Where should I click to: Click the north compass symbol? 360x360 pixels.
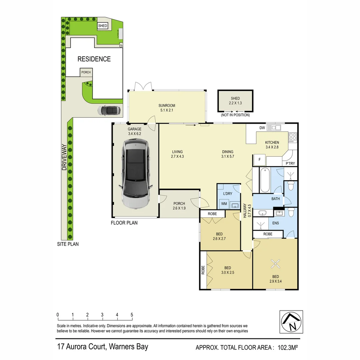[x=291, y=322]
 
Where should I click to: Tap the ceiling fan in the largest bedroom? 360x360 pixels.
[x=275, y=264]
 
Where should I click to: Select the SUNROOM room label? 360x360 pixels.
[x=167, y=106]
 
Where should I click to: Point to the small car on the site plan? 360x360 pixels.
[x=108, y=110]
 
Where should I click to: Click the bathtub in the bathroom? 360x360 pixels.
[x=265, y=180]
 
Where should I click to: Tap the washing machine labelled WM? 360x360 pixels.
[x=224, y=204]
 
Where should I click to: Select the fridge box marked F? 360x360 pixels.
[x=259, y=160]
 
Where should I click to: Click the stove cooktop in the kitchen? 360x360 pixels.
[x=293, y=136]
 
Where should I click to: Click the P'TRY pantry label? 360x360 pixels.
[x=290, y=163]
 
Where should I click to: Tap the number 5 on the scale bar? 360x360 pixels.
[x=132, y=315]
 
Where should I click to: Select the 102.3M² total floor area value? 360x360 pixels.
[x=286, y=347]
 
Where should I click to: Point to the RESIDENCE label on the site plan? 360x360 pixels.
[x=94, y=59]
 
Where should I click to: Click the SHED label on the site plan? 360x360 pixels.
[x=102, y=26]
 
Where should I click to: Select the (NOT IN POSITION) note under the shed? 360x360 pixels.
[x=235, y=115]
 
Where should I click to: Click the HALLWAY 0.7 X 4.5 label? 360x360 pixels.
[x=247, y=211]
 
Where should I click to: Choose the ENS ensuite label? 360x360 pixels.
[x=275, y=223]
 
